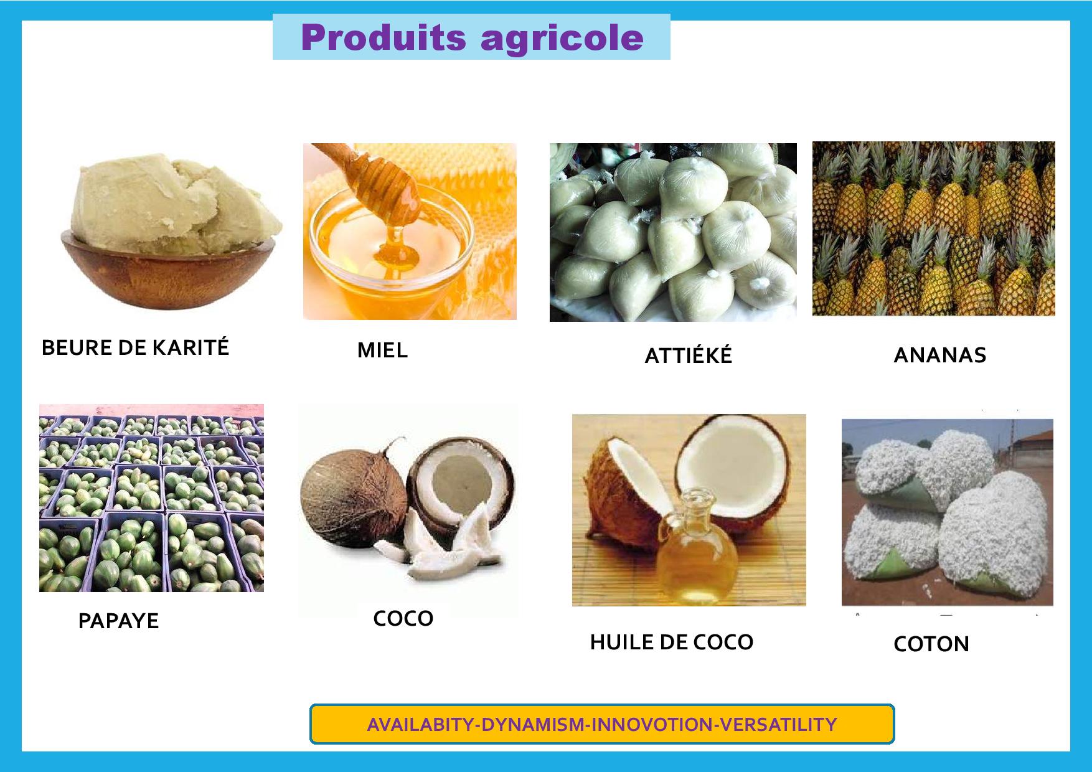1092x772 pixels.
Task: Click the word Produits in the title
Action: point(383,38)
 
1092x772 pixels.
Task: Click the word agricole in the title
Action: point(562,38)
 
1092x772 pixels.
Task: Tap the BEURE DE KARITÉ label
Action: point(135,347)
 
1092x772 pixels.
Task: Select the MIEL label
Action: point(382,351)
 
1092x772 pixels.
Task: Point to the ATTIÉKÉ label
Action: point(688,355)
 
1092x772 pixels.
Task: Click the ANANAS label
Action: point(939,355)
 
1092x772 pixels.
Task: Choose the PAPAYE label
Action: point(118,621)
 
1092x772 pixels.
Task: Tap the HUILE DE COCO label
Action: point(671,642)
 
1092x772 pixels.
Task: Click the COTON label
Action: point(931,643)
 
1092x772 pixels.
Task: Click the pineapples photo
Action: point(933,228)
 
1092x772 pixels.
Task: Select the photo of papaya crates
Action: point(151,498)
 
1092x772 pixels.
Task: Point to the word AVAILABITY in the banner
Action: point(420,725)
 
